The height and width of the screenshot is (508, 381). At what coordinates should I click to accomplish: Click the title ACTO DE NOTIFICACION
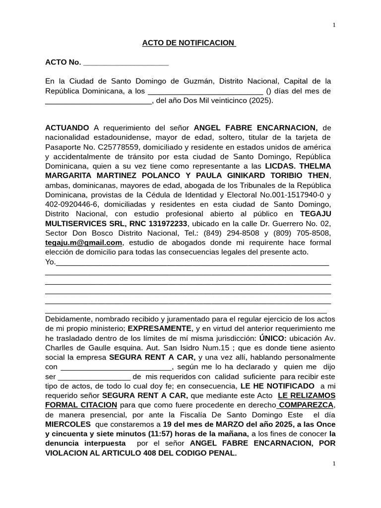(x=189, y=43)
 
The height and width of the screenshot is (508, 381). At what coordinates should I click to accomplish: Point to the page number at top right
(x=334, y=25)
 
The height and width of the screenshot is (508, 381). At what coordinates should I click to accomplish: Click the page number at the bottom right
(x=334, y=463)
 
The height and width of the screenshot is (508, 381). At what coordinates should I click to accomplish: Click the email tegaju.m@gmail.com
(x=83, y=243)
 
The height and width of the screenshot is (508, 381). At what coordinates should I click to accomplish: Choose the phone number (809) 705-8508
(x=302, y=233)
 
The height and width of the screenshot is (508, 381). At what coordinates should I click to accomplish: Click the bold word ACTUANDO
(x=67, y=128)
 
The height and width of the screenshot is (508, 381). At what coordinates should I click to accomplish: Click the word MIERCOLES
(x=68, y=425)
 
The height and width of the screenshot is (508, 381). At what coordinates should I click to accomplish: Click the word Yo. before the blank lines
(x=50, y=262)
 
